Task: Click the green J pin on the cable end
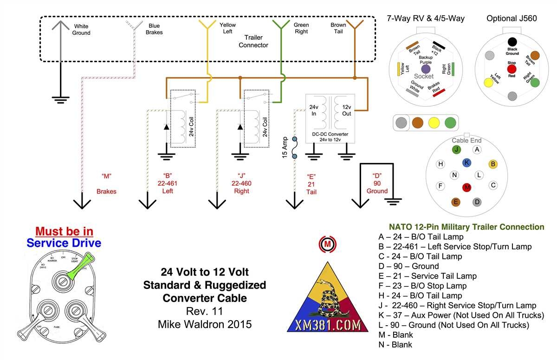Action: (x=457, y=149)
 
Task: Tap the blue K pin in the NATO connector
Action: (x=467, y=162)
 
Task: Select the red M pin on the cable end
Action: (x=467, y=187)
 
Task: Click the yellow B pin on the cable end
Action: (x=493, y=164)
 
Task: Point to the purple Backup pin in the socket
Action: (x=426, y=69)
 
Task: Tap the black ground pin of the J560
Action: (x=512, y=42)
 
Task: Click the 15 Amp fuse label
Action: (x=285, y=148)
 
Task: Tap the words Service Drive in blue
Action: (x=64, y=243)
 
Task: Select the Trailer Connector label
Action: (x=253, y=41)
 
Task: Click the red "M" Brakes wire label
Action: (x=106, y=183)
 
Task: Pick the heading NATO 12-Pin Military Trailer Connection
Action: (x=466, y=227)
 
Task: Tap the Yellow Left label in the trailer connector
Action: (x=227, y=28)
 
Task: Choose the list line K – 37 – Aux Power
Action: (x=461, y=315)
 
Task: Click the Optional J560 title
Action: (x=512, y=19)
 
